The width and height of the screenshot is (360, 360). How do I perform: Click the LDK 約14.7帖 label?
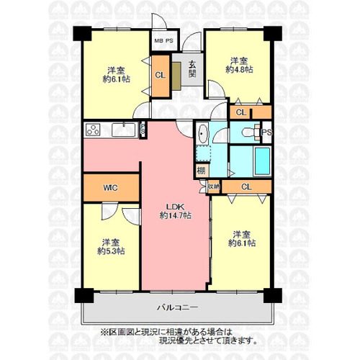tap(176, 211)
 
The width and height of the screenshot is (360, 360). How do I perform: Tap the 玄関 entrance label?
tap(192, 69)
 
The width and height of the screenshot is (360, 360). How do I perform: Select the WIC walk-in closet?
tap(112, 188)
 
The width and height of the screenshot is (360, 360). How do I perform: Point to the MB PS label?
tap(163, 41)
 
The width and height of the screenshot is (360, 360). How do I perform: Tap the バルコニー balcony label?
tap(178, 307)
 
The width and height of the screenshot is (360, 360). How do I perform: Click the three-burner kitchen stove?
tap(93, 130)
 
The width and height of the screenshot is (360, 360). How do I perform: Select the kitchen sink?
tap(124, 130)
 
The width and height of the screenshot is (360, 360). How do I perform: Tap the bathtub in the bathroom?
tap(262, 161)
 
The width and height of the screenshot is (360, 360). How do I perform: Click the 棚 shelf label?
tap(201, 171)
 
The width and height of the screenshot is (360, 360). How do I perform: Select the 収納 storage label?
tap(214, 186)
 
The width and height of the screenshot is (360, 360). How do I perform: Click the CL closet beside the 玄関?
tap(161, 76)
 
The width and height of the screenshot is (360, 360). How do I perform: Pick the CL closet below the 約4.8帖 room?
tap(251, 112)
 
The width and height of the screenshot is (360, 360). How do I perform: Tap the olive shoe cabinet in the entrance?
tap(176, 76)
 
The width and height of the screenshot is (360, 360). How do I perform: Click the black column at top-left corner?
tap(82, 34)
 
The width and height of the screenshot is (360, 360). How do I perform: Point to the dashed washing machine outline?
tap(203, 153)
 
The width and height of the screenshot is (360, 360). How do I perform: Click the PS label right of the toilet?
tap(266, 132)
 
